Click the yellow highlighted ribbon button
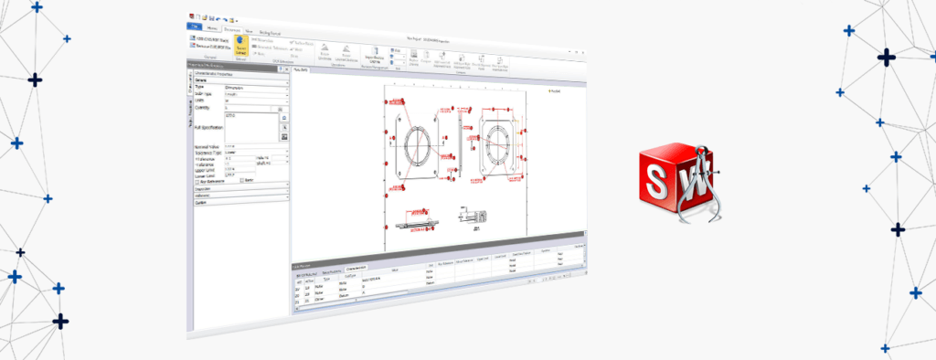coord(241,47)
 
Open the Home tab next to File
coord(212,29)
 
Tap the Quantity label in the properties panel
coord(202,108)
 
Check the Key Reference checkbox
coord(198,181)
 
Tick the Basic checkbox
coord(241,181)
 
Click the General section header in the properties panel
coord(201,79)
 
